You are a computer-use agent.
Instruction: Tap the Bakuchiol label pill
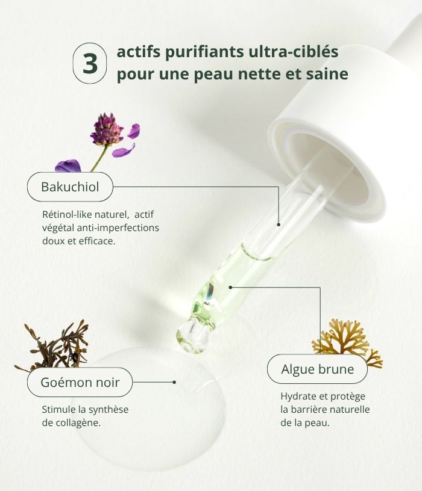(70, 187)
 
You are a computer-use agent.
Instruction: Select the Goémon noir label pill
(80, 382)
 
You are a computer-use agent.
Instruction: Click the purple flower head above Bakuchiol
(106, 129)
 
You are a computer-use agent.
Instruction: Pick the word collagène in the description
(76, 422)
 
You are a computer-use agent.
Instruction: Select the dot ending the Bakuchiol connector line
(279, 224)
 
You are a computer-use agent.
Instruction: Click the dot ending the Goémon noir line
(174, 382)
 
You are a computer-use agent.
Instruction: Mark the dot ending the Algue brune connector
(231, 288)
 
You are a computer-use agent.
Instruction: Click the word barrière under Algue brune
(308, 410)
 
